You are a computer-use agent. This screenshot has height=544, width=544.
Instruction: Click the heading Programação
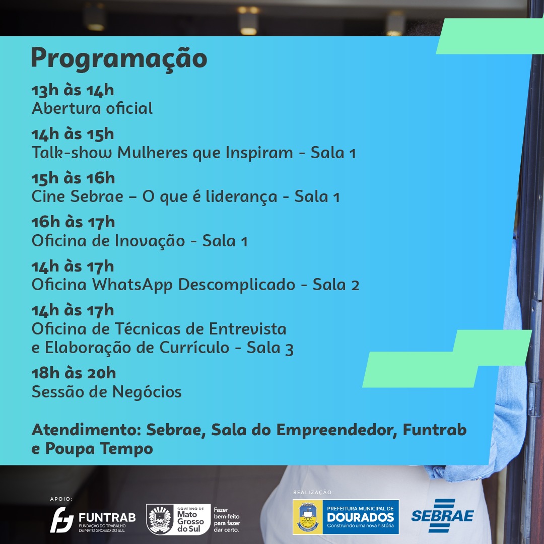[x=119, y=59]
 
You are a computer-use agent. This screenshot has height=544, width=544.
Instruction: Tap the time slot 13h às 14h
[x=73, y=90]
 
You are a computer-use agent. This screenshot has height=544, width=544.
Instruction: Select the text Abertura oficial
[x=92, y=108]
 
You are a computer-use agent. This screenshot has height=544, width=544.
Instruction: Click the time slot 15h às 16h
[x=73, y=178]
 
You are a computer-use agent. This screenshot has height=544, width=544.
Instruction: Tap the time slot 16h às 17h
[x=73, y=223]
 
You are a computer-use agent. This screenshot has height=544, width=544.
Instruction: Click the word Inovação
[x=150, y=241]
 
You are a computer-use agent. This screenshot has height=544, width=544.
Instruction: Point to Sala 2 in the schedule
[x=336, y=285]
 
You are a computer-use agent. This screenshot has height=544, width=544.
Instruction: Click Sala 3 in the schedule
[x=270, y=348]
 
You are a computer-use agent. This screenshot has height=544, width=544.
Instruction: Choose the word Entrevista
[x=248, y=329]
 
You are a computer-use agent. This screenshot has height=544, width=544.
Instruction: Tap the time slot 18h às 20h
[x=74, y=373]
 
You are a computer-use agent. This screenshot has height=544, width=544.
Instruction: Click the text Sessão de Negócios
[x=106, y=392]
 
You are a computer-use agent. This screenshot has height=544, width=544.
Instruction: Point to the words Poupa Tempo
[x=99, y=449]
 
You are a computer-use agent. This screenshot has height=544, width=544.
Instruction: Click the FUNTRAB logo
[x=93, y=519]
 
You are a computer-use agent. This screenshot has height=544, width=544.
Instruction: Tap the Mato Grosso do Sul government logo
[x=193, y=519]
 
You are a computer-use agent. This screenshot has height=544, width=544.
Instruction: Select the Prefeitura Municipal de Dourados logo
[x=346, y=517]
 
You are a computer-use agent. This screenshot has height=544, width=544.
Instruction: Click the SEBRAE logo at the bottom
[x=442, y=516]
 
